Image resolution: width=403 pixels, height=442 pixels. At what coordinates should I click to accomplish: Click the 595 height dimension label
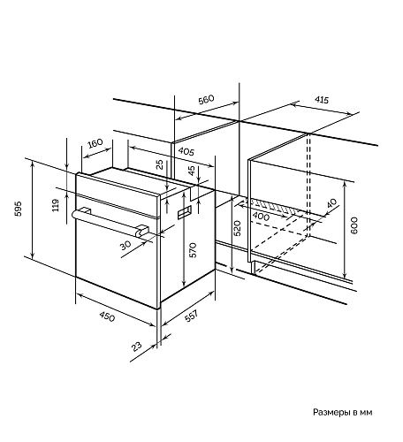tap(19, 209)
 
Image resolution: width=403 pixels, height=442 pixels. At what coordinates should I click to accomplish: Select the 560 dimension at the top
tap(206, 99)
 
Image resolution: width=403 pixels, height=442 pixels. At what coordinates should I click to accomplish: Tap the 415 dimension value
tap(322, 100)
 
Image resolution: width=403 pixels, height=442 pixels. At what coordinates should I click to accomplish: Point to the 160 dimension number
tap(95, 143)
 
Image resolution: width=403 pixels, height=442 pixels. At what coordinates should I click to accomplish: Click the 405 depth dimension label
tap(186, 151)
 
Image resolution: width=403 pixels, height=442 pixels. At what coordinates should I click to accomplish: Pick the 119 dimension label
tap(56, 205)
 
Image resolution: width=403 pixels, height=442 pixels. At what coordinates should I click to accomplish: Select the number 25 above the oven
tap(159, 164)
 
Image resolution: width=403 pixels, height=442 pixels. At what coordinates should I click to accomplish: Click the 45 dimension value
tap(192, 171)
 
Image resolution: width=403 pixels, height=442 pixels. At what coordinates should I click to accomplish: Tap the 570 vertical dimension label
tap(193, 250)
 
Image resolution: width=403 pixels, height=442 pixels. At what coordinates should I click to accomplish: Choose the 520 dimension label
tap(237, 228)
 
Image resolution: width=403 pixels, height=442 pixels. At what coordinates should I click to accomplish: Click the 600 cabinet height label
tap(354, 225)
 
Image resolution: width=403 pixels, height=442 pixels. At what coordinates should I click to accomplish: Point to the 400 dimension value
tap(261, 217)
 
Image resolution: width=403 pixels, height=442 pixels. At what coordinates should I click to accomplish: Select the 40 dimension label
tap(331, 203)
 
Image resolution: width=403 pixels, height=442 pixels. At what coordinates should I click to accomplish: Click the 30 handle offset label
tap(125, 244)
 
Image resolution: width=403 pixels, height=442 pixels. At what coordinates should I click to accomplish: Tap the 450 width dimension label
tap(107, 316)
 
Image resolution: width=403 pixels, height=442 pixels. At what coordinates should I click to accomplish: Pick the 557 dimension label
tap(191, 316)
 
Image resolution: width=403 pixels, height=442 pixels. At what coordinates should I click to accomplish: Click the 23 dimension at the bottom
tap(136, 347)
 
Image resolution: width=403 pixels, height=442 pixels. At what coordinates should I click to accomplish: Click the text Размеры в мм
tap(342, 412)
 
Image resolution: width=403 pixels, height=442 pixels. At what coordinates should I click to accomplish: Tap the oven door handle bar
tap(110, 223)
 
